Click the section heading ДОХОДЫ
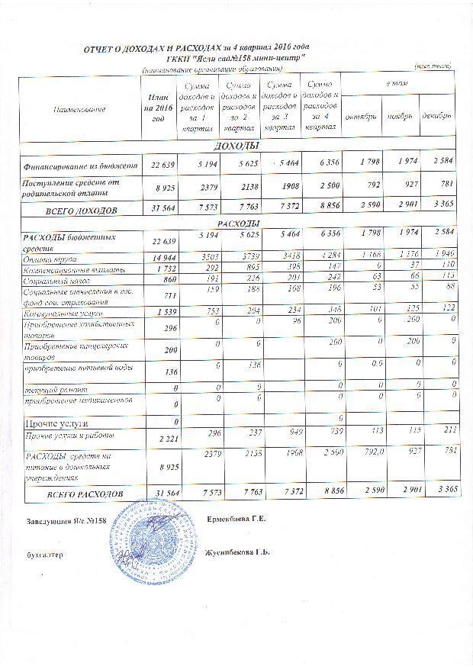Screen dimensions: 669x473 click(x=238, y=146)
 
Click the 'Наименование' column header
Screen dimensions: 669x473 click(x=78, y=111)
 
